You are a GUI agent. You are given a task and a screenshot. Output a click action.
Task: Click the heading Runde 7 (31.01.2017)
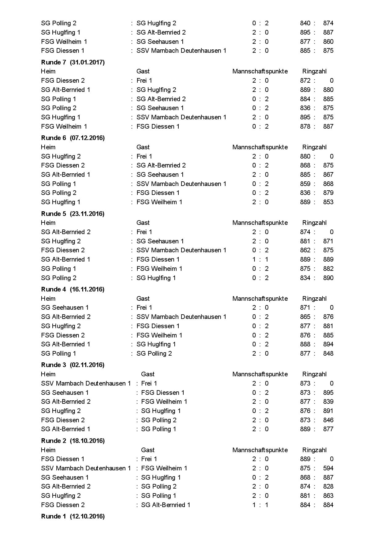[x=73, y=62]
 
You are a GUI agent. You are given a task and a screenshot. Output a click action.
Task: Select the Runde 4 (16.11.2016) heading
[x=73, y=289]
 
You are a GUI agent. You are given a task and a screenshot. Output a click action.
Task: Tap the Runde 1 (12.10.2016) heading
[x=73, y=516]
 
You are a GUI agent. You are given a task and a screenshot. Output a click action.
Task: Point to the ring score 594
[x=328, y=468]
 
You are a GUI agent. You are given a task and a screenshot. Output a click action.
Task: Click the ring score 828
[x=328, y=486]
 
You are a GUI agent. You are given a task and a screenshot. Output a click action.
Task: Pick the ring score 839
[x=328, y=402]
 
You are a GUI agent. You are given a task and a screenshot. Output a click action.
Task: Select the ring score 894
[x=328, y=344]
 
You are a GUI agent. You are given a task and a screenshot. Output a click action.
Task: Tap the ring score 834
[x=305, y=278]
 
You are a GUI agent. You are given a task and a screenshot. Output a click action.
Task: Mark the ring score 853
[x=328, y=202]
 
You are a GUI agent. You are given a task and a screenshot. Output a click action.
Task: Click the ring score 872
[x=305, y=81]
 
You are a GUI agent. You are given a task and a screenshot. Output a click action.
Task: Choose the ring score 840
[x=305, y=23]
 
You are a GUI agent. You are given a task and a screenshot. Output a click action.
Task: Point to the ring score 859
[x=305, y=184]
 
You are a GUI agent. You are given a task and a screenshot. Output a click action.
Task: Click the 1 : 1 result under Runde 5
[x=260, y=259]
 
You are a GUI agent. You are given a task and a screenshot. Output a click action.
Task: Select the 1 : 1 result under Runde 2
[x=260, y=505]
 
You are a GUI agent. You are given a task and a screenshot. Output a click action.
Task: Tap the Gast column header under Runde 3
[x=148, y=374]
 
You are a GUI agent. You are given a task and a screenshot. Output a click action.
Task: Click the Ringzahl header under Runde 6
[x=314, y=147]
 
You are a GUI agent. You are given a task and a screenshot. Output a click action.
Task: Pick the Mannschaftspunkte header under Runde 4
[x=260, y=299]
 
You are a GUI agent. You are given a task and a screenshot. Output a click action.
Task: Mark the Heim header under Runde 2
[x=48, y=450]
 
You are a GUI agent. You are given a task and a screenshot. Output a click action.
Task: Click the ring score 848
[x=328, y=353]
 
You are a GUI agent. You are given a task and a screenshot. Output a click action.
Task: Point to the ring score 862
[x=305, y=250]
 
